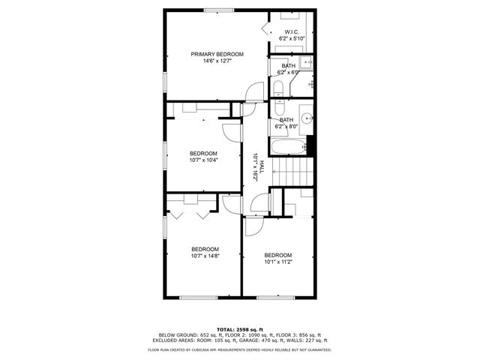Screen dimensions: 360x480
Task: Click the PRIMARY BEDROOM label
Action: click(217, 54)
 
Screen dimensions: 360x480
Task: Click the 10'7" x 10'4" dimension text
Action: click(203, 160)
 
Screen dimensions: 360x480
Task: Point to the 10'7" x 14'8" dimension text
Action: click(205, 256)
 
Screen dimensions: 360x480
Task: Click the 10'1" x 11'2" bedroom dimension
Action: click(277, 262)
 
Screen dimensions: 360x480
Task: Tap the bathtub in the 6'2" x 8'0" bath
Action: click(287, 146)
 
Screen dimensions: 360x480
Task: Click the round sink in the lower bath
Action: click(306, 118)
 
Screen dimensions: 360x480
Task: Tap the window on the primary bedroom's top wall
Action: click(217, 10)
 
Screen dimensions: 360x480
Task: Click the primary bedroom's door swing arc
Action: click(253, 91)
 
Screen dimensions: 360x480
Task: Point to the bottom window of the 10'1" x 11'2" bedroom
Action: click(271, 297)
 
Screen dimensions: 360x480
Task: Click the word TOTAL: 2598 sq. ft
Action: click(239, 329)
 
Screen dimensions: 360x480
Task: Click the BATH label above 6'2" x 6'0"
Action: click(289, 66)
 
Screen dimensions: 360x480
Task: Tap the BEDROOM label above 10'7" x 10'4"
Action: click(203, 153)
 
